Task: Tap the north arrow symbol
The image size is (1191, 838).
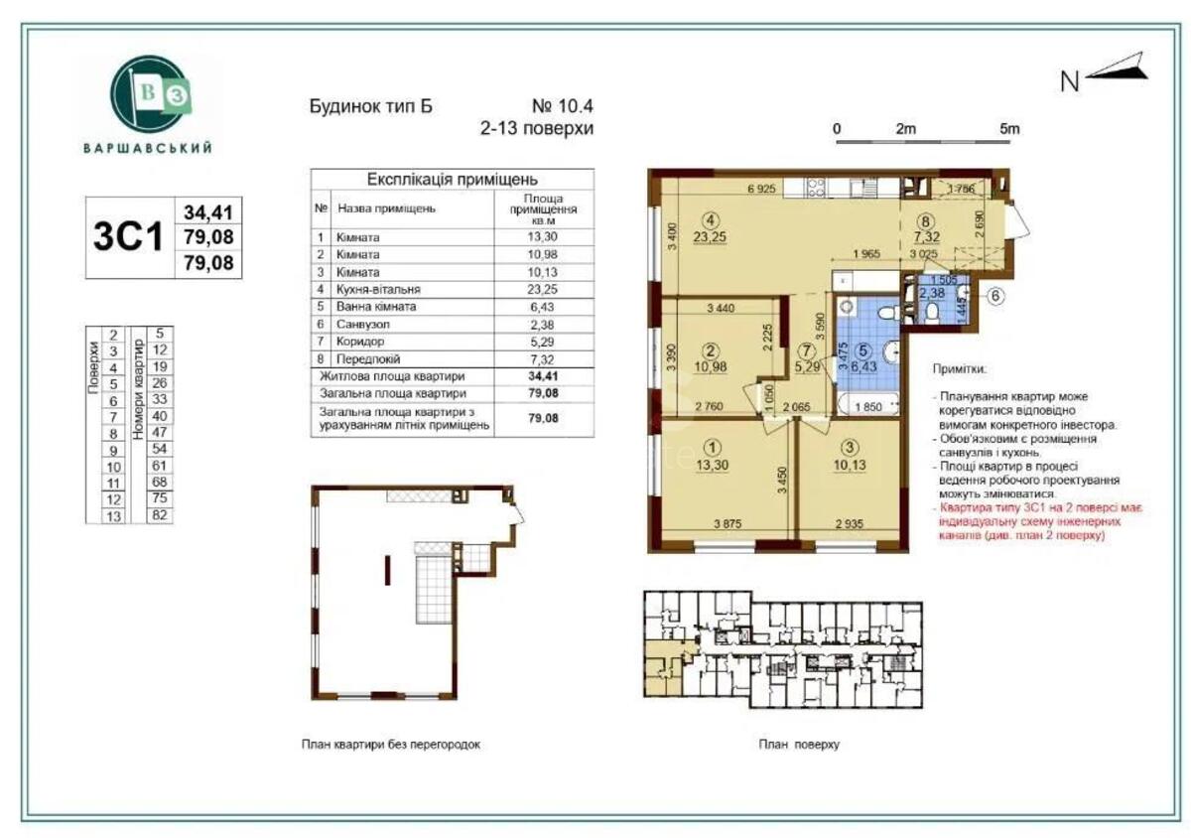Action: (x=1117, y=70)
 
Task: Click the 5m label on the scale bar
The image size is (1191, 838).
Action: (x=1008, y=128)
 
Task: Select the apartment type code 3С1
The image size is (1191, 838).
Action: (x=126, y=238)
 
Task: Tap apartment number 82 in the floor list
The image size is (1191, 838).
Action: (x=158, y=514)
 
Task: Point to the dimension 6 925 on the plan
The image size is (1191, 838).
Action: (x=761, y=188)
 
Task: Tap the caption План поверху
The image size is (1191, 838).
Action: (x=799, y=744)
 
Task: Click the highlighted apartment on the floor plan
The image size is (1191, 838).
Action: (x=659, y=662)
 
